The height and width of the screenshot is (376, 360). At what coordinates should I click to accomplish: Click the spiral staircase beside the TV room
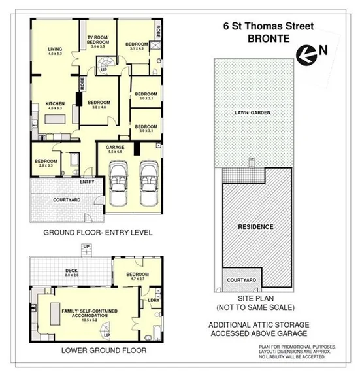point(105,61)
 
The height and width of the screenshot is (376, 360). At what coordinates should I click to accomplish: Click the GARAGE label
point(115,148)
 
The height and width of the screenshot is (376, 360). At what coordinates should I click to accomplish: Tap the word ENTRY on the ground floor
point(87,181)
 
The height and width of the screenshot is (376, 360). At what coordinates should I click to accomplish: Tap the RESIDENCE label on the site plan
point(255,226)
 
